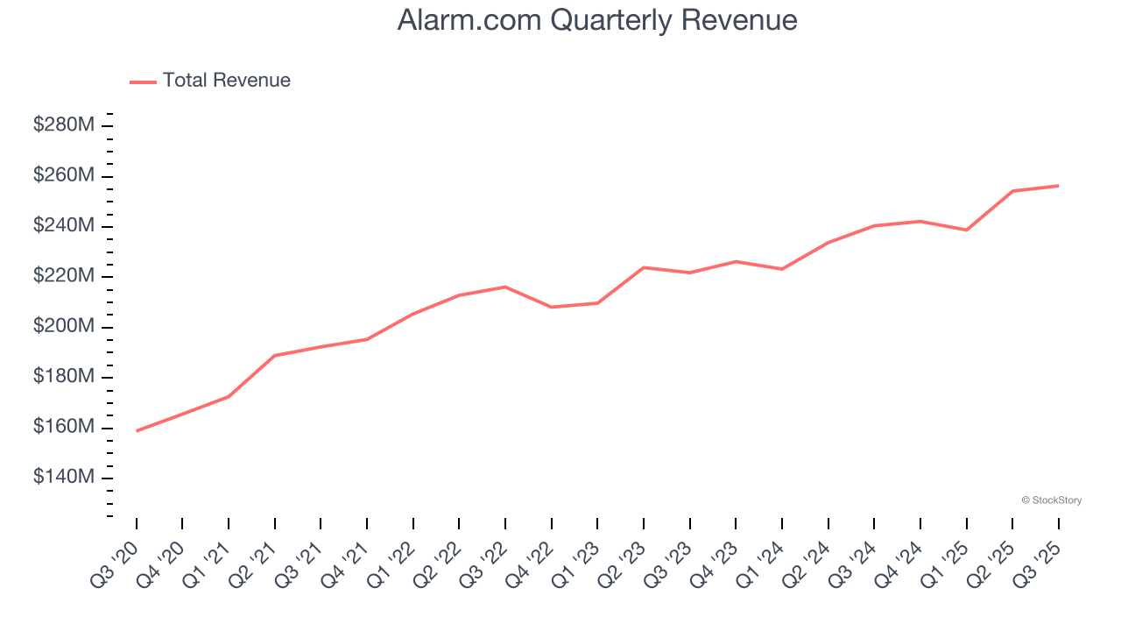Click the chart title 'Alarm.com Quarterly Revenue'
[596, 19]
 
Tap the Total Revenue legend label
[226, 81]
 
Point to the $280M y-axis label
[64, 125]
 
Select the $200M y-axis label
[64, 327]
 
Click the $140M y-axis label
[64, 478]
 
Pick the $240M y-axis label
[64, 226]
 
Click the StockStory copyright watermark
[1051, 500]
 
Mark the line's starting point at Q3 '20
[137, 431]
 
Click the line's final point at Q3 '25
[1058, 186]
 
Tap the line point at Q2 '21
[275, 356]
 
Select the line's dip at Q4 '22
[551, 307]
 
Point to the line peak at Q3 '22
[505, 287]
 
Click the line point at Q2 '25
[1012, 191]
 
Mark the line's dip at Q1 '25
[966, 230]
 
